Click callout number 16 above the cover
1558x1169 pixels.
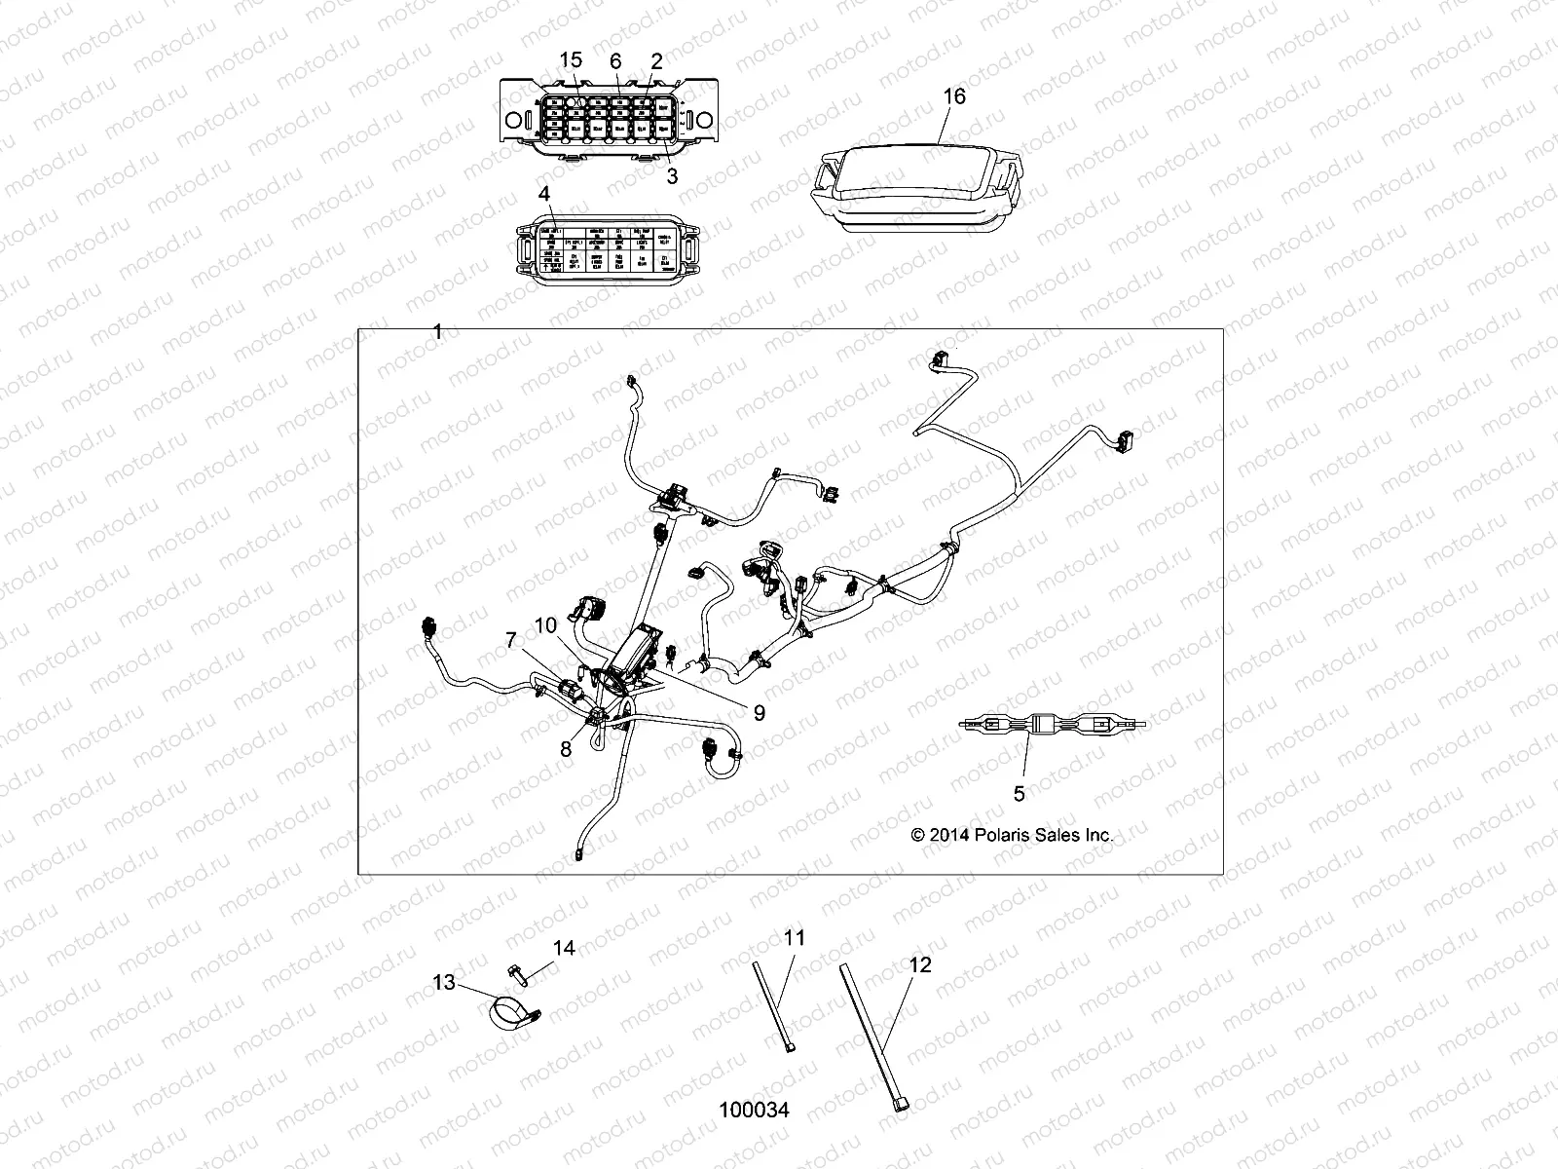pyautogui.click(x=954, y=95)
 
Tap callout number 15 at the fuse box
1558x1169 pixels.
pyautogui.click(x=570, y=60)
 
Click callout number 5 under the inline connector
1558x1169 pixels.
pyautogui.click(x=1019, y=794)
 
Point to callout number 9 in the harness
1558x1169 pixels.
pyautogui.click(x=759, y=713)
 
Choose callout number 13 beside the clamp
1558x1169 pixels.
pyautogui.click(x=444, y=983)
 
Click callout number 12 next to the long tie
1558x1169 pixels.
pyautogui.click(x=919, y=965)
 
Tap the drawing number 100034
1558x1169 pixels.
pyautogui.click(x=754, y=1110)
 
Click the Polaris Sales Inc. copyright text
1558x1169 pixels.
pyautogui.click(x=1012, y=835)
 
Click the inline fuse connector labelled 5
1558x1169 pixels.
pyautogui.click(x=1052, y=725)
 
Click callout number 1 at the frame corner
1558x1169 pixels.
pyautogui.click(x=437, y=332)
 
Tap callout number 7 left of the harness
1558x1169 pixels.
pyautogui.click(x=510, y=640)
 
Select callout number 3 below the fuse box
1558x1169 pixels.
pyautogui.click(x=671, y=176)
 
